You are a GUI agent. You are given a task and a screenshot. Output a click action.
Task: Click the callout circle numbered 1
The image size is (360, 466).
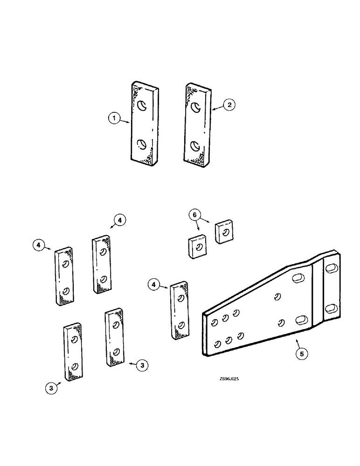[113, 119]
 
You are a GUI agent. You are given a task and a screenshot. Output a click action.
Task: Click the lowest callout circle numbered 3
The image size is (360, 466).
[51, 386]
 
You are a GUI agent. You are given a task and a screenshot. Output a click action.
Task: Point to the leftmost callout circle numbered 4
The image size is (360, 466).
[40, 244]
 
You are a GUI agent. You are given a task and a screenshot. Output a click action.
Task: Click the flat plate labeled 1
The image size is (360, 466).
[145, 124]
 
